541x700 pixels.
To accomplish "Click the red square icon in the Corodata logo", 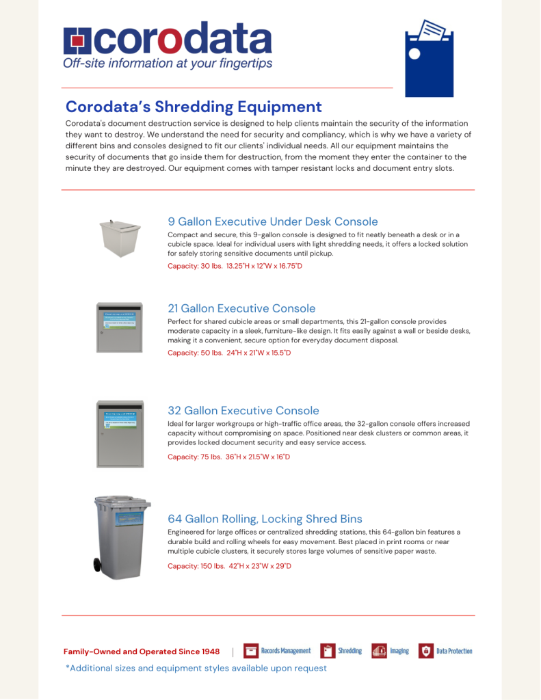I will pyautogui.click(x=77, y=41).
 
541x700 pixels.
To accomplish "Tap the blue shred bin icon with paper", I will pyautogui.click(x=429, y=58).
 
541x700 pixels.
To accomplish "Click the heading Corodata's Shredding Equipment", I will pyautogui.click(x=194, y=107).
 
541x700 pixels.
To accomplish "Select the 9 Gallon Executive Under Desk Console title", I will pyautogui.click(x=273, y=221).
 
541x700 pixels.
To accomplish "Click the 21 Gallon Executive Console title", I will pyautogui.click(x=241, y=308).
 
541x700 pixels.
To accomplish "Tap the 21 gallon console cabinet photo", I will pyautogui.click(x=120, y=327).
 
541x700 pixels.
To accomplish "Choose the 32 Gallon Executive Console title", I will pyautogui.click(x=243, y=411).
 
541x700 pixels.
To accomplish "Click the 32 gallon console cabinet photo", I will pyautogui.click(x=120, y=433).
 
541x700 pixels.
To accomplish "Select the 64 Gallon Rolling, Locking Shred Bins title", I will pyautogui.click(x=265, y=519).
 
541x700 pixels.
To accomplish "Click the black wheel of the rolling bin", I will pyautogui.click(x=98, y=565).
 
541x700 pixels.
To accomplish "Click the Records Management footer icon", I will pyautogui.click(x=250, y=651).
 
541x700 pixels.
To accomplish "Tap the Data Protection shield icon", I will pyautogui.click(x=425, y=651).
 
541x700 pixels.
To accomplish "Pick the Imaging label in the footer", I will pyautogui.click(x=399, y=651).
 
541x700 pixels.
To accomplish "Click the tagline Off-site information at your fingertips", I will pyautogui.click(x=168, y=64).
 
